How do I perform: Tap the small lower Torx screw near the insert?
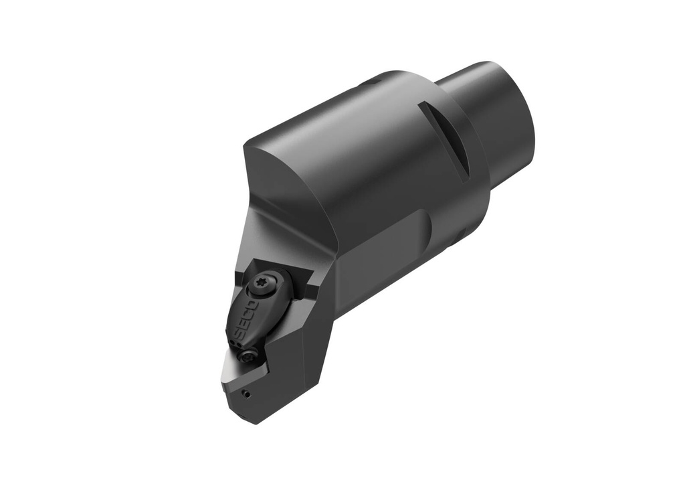[250, 353]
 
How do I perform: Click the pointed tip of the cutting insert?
[223, 382]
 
